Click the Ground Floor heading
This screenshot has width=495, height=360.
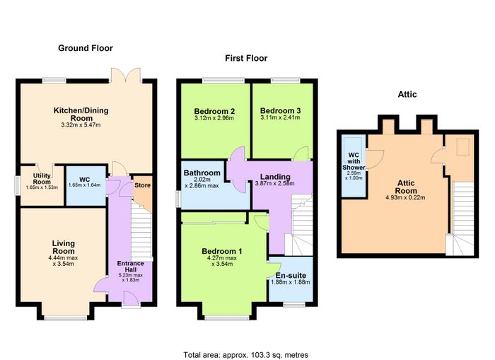coord(86,48)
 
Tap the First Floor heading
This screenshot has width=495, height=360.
coord(246,58)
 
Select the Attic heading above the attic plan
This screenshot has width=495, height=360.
coord(407,95)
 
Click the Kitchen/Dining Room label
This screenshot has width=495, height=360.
coord(81,115)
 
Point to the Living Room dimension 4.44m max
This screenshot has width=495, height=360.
coord(63,257)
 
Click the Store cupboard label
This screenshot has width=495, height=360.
coord(142,185)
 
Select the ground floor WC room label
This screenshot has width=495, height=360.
coord(85,180)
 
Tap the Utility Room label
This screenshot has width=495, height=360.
coord(42,179)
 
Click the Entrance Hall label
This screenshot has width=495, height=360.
coord(130,266)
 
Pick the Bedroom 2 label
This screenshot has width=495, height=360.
coord(214,111)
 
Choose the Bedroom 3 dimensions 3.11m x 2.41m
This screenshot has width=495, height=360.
coord(280,117)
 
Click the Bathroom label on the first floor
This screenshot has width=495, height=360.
coord(202,173)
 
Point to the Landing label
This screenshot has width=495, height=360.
coord(275,177)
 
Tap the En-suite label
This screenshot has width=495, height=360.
coord(291,275)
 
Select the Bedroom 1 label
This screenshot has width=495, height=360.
coord(222,251)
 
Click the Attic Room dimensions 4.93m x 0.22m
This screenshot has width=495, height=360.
coord(405,198)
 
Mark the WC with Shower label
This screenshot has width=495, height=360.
coord(354,161)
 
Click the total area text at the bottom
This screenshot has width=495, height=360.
coord(246,355)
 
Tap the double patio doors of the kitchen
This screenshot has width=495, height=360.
coord(126,75)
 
